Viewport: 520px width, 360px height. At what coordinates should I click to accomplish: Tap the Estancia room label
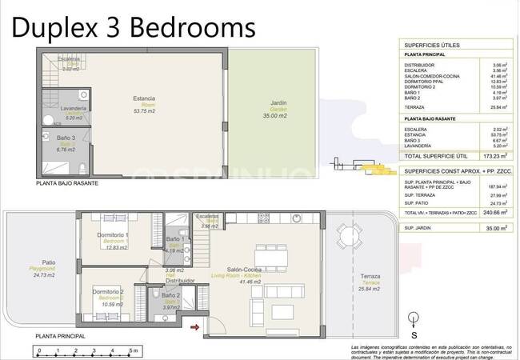(x=144, y=99)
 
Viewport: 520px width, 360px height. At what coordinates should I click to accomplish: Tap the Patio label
(x=48, y=262)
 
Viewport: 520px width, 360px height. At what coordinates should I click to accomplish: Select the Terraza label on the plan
(x=370, y=277)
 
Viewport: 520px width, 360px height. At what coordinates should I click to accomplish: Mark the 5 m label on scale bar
(x=134, y=351)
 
